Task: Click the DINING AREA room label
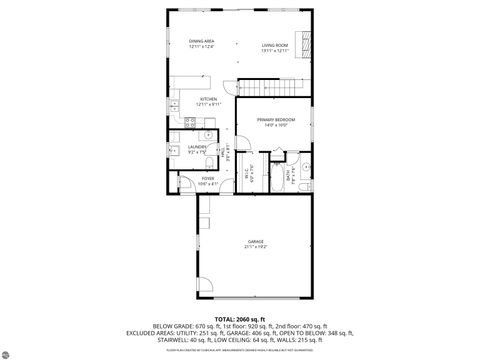[x=202, y=40]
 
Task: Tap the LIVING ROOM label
[x=275, y=45]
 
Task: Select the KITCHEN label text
[x=208, y=98]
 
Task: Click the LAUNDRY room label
[x=197, y=147]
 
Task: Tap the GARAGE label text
[x=256, y=242]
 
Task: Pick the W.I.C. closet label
[x=253, y=169]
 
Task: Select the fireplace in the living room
[x=310, y=46]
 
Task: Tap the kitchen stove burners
[x=175, y=100]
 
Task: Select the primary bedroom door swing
[x=243, y=141]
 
